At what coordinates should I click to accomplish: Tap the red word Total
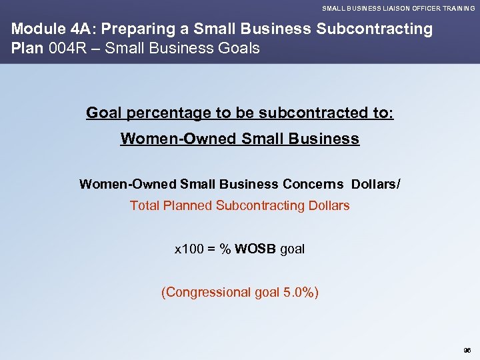(145, 205)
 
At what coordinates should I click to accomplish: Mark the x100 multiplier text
(188, 249)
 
